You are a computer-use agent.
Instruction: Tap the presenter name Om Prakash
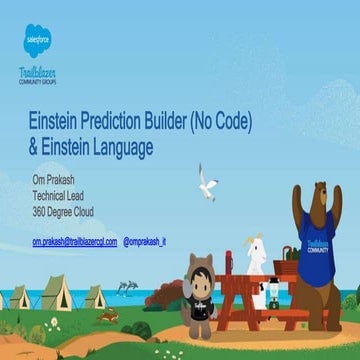(59, 180)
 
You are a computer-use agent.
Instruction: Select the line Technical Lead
(66, 195)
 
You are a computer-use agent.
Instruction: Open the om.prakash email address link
(74, 242)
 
